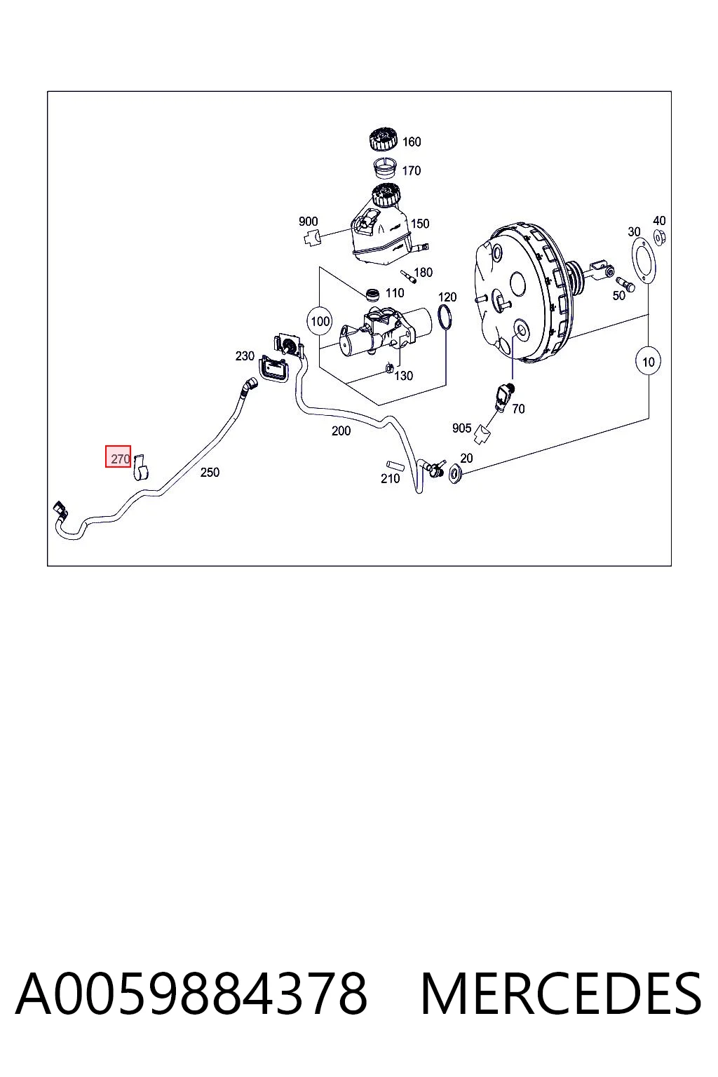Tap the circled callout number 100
pyautogui.click(x=320, y=320)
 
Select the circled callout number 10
pyautogui.click(x=649, y=362)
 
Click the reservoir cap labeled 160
pyautogui.click(x=384, y=140)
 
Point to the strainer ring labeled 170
pyautogui.click(x=386, y=168)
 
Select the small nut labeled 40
pyautogui.click(x=659, y=236)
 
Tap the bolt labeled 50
pyautogui.click(x=625, y=284)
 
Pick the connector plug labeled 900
pyautogui.click(x=313, y=237)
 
